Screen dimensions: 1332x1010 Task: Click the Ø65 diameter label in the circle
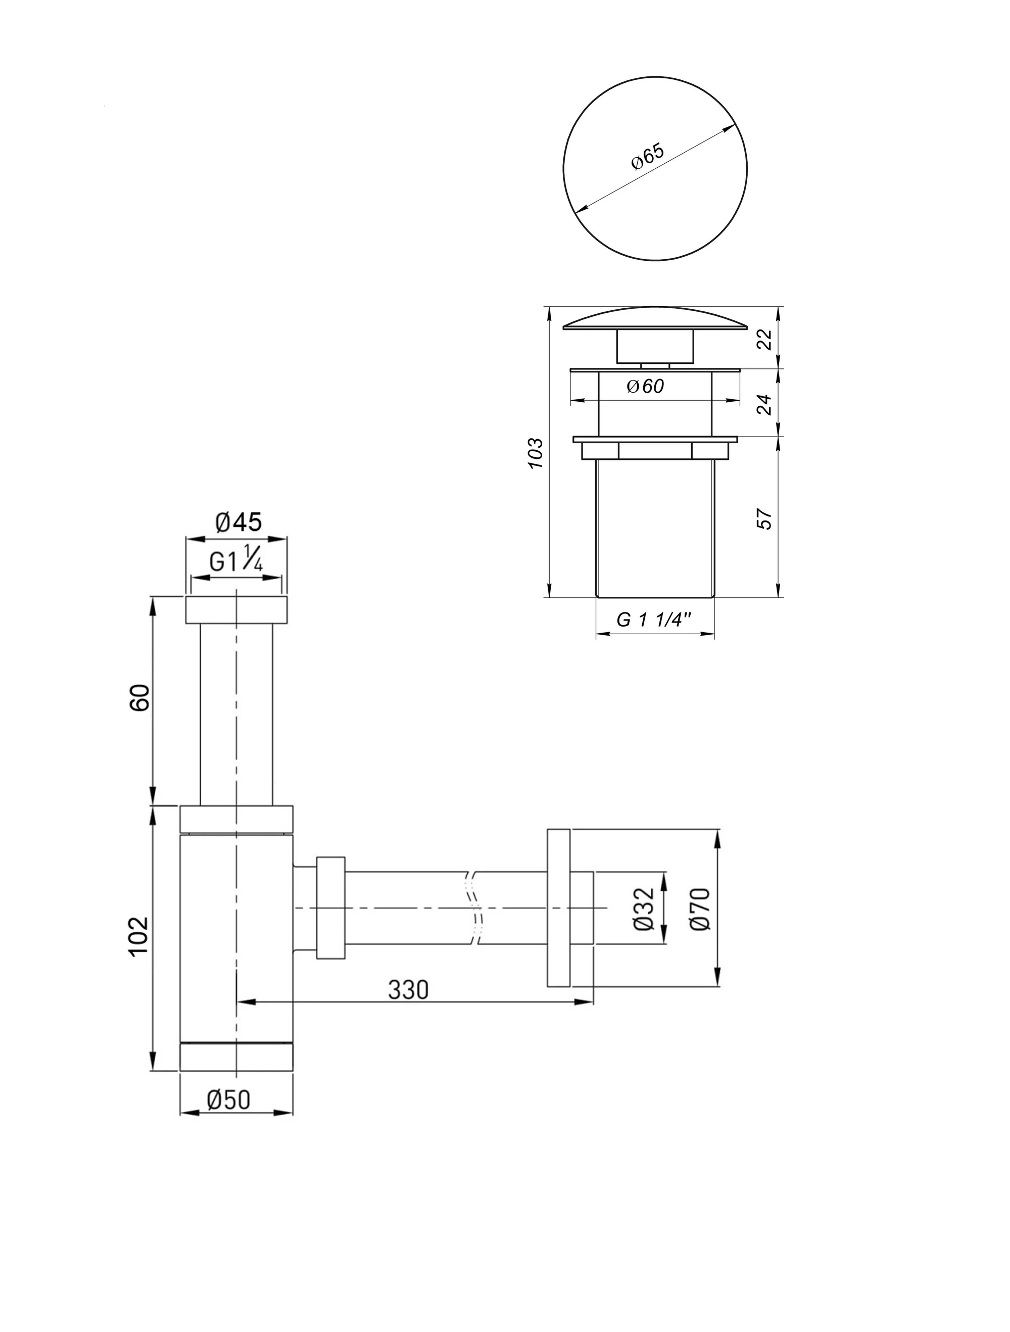(648, 157)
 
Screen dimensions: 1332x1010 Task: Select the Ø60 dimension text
(645, 386)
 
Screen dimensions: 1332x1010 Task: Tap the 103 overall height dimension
(536, 453)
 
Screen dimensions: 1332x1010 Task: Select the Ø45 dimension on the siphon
(238, 522)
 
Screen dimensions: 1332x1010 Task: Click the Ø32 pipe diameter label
(643, 909)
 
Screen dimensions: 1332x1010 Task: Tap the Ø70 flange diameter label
(702, 909)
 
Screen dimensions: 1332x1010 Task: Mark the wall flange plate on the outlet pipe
(558, 908)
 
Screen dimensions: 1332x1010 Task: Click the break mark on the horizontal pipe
(474, 908)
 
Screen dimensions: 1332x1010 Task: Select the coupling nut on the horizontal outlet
(330, 908)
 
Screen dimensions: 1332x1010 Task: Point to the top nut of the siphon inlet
(236, 610)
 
